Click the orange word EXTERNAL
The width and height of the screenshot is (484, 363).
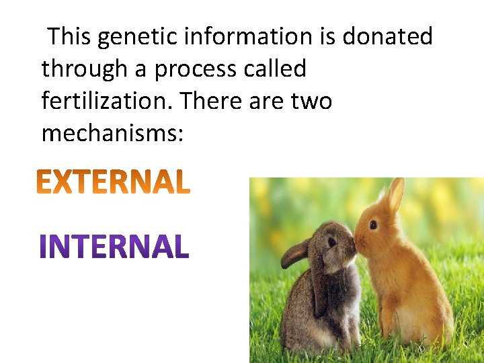point(113,182)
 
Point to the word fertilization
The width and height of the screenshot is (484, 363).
point(107,102)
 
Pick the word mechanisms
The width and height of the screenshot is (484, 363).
point(112,134)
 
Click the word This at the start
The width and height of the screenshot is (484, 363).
point(70,36)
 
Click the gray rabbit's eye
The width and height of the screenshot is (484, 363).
point(331,243)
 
